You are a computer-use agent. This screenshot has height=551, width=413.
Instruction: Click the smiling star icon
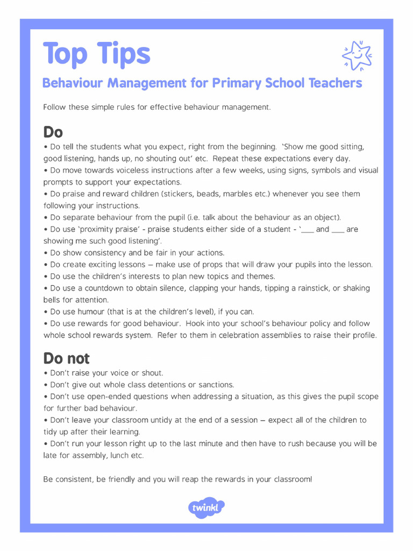(x=357, y=55)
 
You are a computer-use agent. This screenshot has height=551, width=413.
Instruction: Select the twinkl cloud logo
(x=206, y=507)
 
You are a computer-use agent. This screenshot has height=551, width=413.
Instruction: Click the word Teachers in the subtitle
(x=336, y=83)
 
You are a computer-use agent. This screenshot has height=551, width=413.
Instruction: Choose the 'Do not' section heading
(x=67, y=358)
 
